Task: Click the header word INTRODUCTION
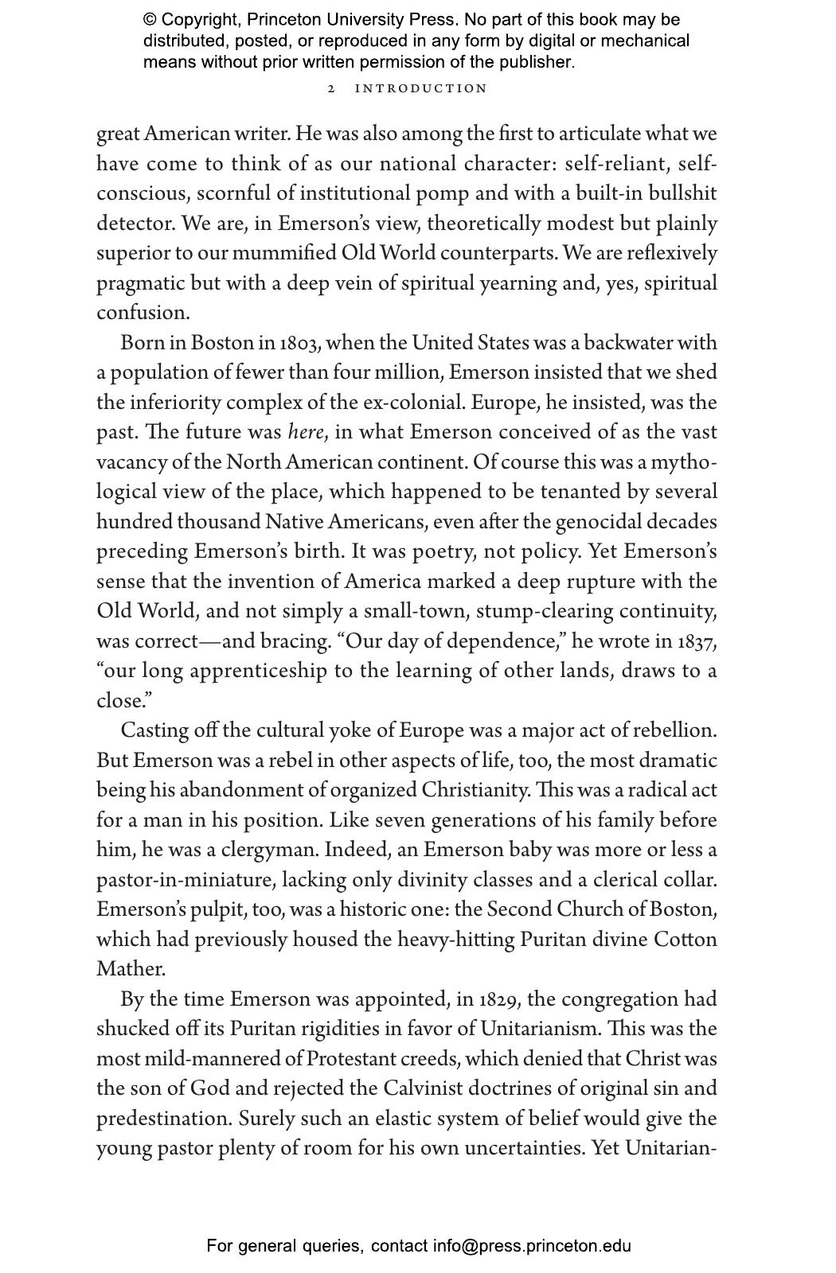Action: tap(420, 88)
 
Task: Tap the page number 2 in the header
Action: tap(331, 88)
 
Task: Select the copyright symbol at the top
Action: tap(150, 20)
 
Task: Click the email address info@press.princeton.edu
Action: tap(532, 1246)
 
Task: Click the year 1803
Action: tap(300, 343)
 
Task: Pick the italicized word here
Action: tap(305, 432)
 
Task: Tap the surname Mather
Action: tap(131, 969)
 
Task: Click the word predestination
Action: tap(164, 1119)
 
